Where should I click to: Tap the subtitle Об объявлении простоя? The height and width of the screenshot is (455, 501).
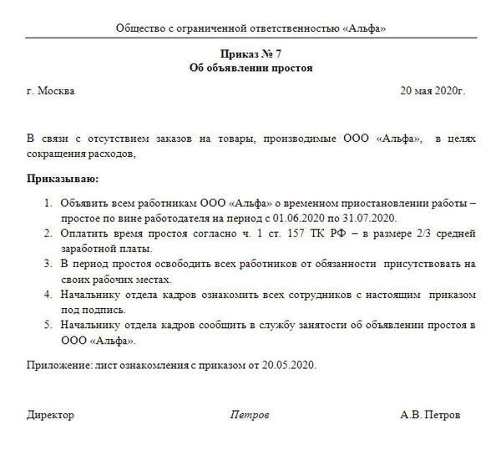point(250,68)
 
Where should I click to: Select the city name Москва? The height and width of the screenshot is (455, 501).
point(56,91)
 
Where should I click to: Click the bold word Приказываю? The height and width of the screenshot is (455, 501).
point(62,178)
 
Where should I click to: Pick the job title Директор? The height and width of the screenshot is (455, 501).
point(50,415)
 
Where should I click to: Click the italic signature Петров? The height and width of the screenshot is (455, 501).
point(250,415)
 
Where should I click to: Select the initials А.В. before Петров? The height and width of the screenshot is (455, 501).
point(412,415)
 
